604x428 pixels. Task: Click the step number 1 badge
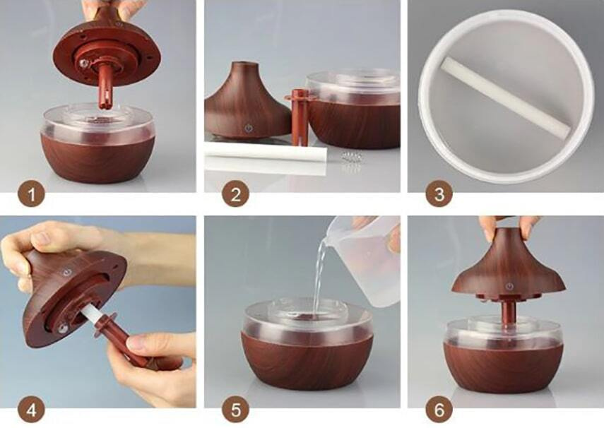coord(31,194)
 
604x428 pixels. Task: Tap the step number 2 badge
coord(235,194)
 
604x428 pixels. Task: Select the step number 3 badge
coord(439,194)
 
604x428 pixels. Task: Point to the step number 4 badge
coord(31,409)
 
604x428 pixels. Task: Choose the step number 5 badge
coord(235,409)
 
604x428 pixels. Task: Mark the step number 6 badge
coord(439,409)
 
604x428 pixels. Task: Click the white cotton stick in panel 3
coord(506,98)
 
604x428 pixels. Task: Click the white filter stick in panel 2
coord(266,154)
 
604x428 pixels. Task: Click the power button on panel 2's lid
coord(248,128)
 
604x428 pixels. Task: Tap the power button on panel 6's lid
coord(509,286)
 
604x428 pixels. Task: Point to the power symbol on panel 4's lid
coord(67,273)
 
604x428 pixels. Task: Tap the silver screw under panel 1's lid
coord(83,64)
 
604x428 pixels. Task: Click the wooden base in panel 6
coord(503,367)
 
